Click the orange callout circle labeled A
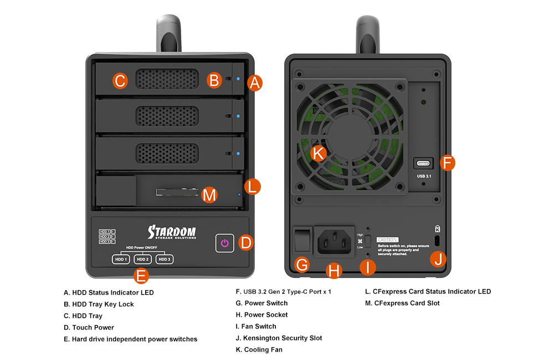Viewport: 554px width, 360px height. coord(255,83)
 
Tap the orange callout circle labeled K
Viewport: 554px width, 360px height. coord(319,153)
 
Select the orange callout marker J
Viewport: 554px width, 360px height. coord(438,259)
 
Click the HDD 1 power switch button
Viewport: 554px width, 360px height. coord(121,259)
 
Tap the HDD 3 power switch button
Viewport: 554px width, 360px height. coord(165,259)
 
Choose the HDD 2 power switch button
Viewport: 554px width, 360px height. coord(143,259)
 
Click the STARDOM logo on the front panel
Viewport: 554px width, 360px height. coord(171,232)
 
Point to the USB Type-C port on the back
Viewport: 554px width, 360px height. coord(424,164)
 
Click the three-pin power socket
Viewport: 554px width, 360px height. coord(334,241)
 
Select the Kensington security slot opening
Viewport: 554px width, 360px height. coord(438,241)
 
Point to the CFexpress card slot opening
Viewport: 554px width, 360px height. coord(177,192)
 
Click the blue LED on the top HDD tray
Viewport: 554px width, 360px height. coord(238,79)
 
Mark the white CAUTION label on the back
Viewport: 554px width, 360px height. coord(388,239)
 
